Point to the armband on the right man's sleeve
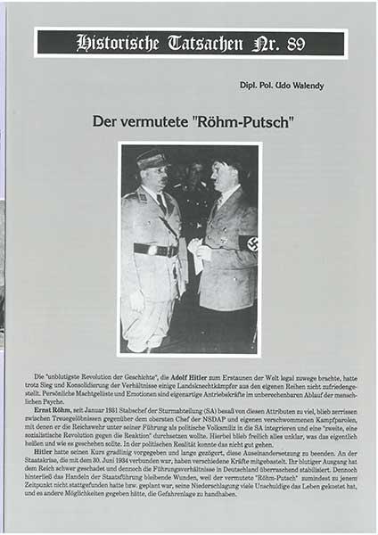pyautogui.click(x=248, y=243)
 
